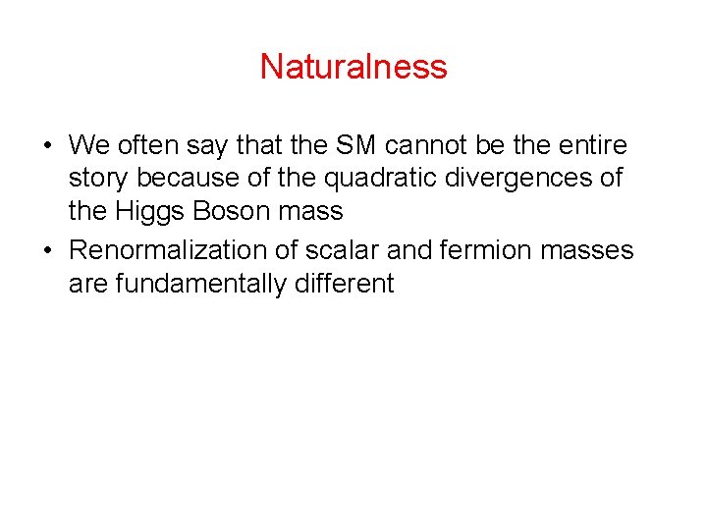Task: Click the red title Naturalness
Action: (x=353, y=67)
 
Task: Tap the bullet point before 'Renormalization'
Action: (x=47, y=251)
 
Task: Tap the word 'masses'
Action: (x=593, y=250)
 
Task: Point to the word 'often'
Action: (x=146, y=146)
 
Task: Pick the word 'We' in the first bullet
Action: (x=88, y=146)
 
